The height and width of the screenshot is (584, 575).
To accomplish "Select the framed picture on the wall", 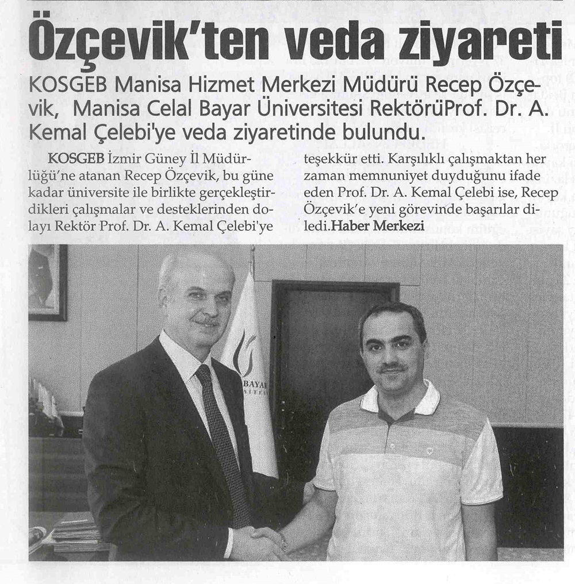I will tap(47, 281).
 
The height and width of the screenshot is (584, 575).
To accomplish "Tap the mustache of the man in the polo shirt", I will tap(391, 367).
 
